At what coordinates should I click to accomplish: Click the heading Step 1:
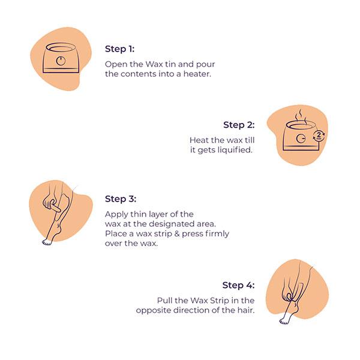coord(119,49)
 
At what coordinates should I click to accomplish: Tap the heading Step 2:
coord(239,125)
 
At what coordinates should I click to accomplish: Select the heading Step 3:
coord(121,199)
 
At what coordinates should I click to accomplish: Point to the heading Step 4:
coord(238,285)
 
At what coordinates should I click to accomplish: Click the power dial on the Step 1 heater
coord(61,61)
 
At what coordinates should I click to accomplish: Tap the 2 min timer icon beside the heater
coord(319,136)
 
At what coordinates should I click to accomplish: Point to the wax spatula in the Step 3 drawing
coord(55,207)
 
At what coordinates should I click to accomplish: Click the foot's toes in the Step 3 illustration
coord(47,242)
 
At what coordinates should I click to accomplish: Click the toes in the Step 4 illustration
coord(284,321)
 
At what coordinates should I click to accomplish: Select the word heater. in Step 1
coord(197,74)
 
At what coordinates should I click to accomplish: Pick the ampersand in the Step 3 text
coord(176,234)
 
